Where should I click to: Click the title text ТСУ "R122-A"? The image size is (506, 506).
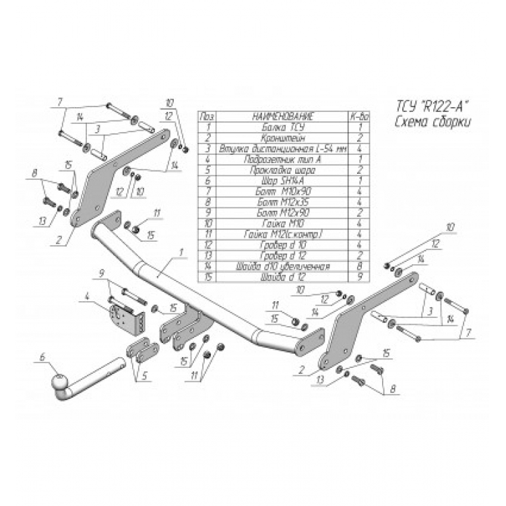click(431, 106)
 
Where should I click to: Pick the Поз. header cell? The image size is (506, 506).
click(207, 117)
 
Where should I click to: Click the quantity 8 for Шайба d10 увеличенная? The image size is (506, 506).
click(360, 266)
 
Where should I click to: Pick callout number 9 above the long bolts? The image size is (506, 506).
click(102, 273)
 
